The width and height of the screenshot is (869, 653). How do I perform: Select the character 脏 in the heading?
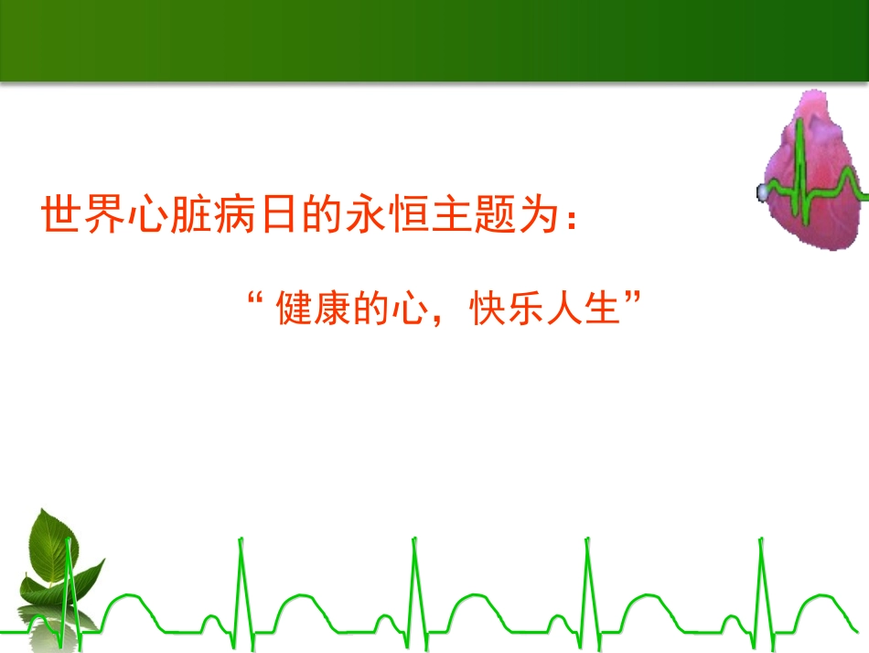(186, 213)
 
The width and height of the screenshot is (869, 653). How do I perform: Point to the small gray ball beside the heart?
(763, 191)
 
